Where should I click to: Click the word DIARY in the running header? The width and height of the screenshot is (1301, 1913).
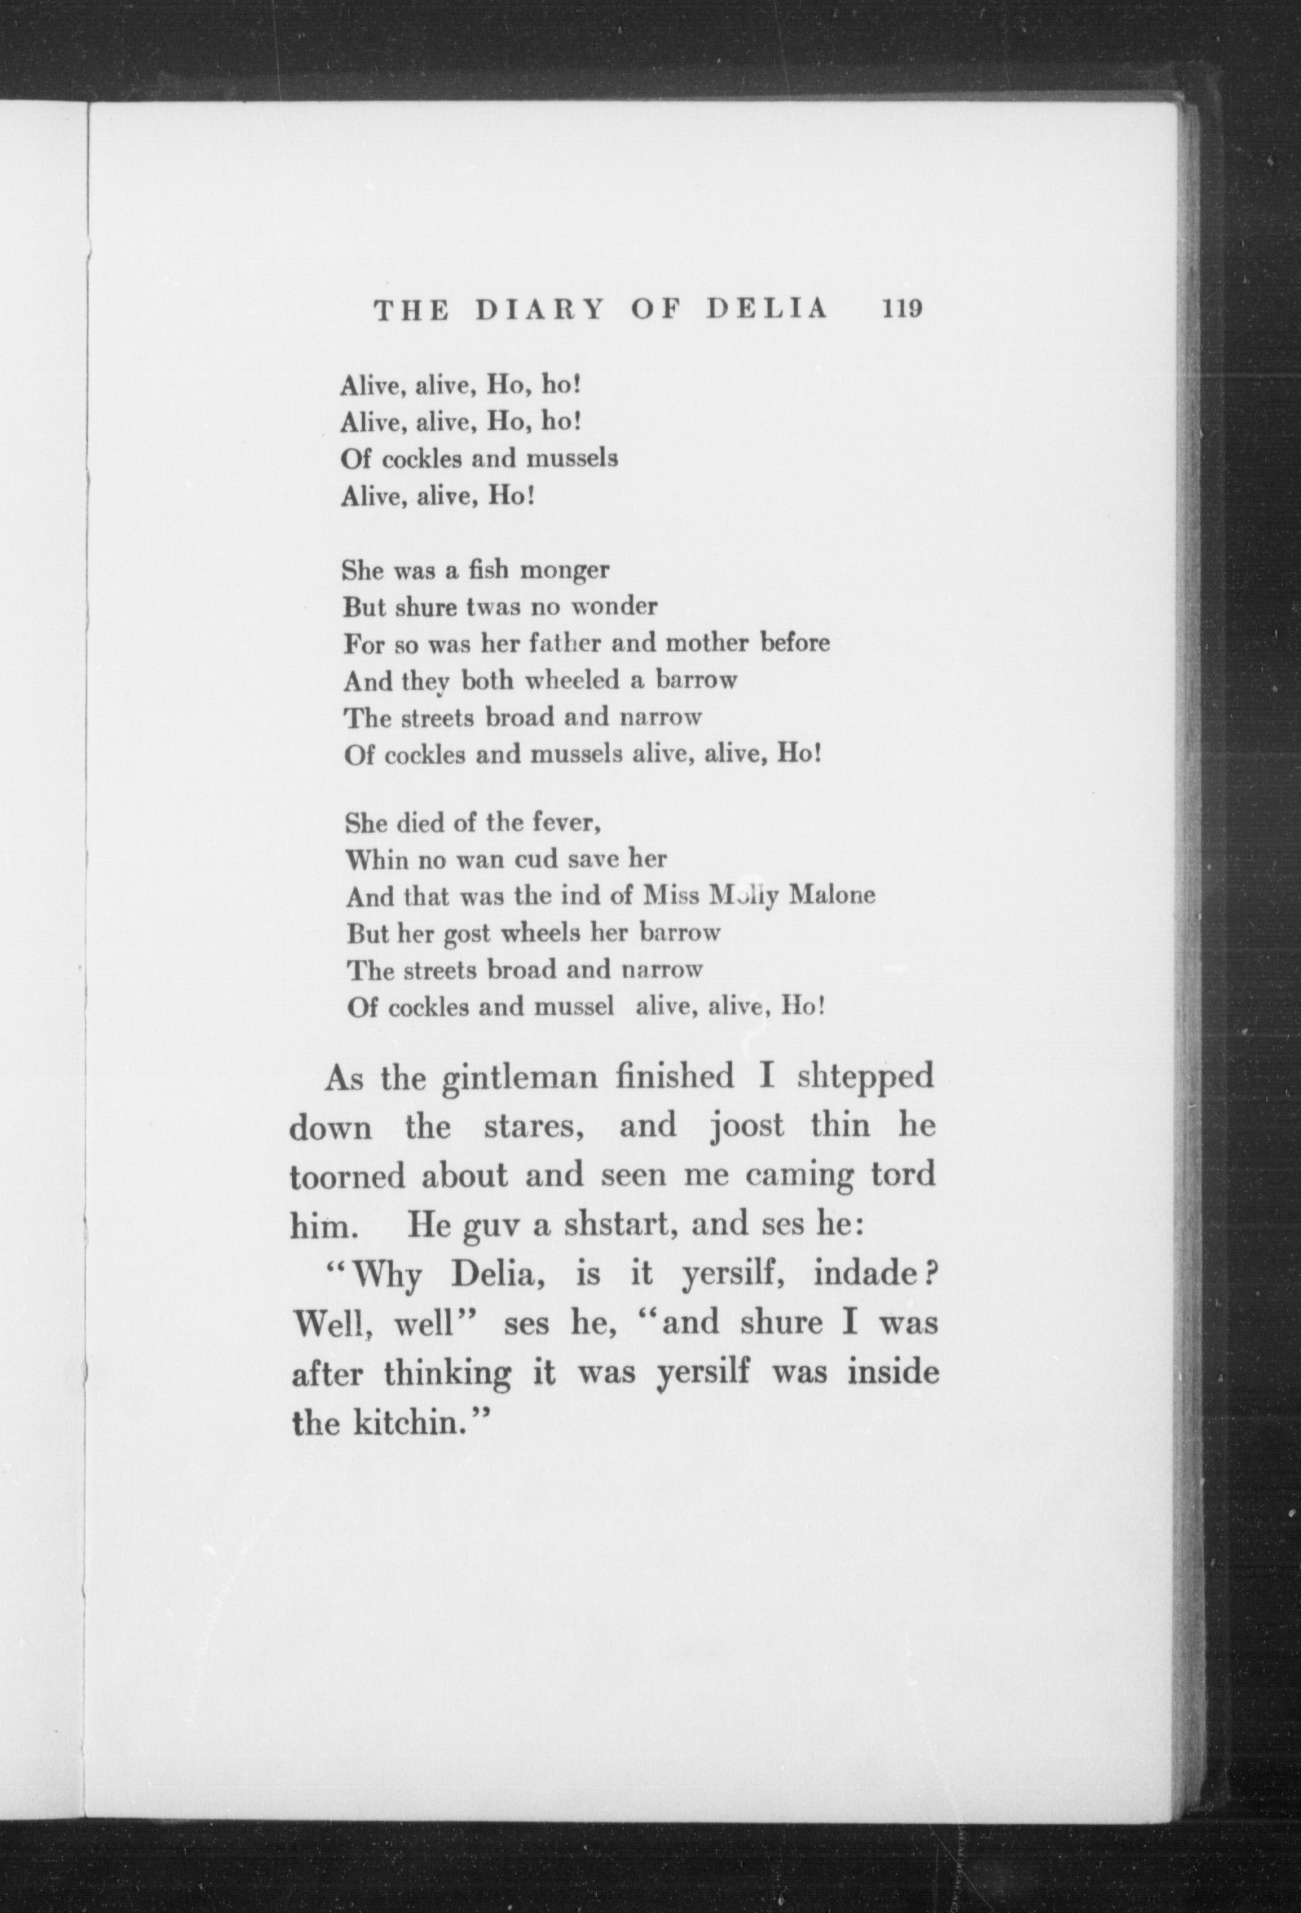[x=539, y=309]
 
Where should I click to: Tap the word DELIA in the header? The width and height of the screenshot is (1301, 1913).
[x=767, y=309]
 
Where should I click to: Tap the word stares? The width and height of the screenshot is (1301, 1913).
[x=534, y=1127]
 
